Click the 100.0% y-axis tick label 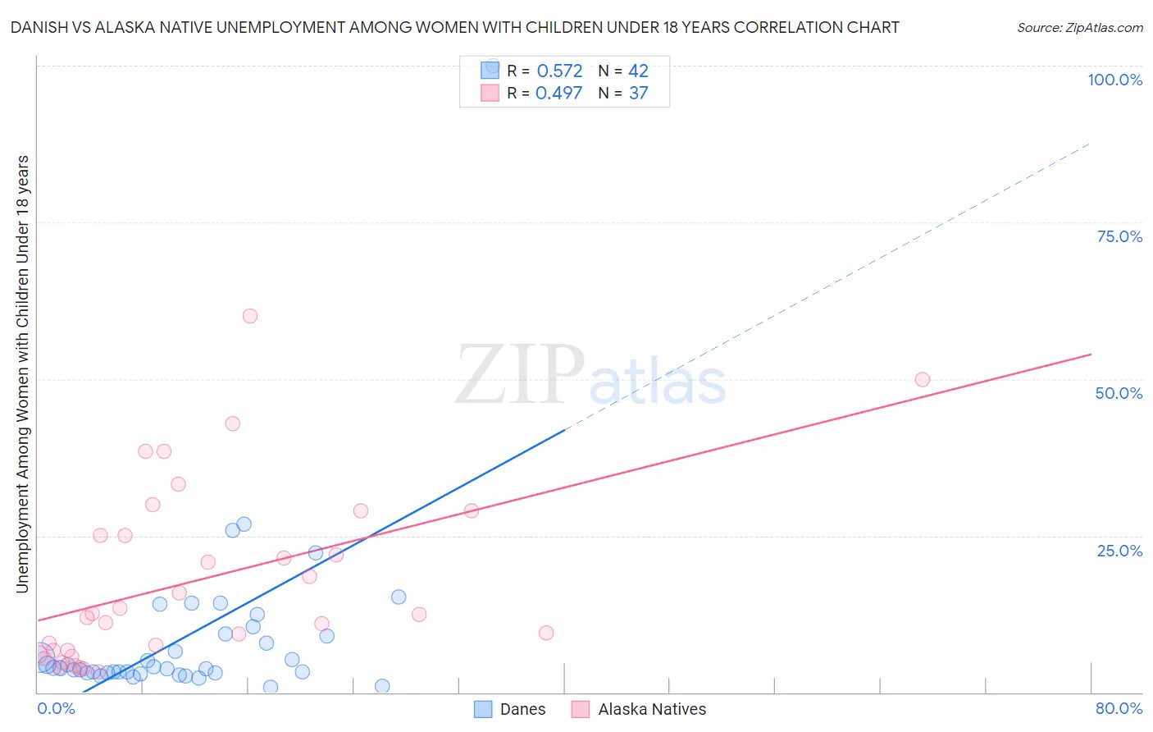pos(1114,80)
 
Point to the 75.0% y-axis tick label pos(1119,236)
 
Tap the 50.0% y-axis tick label pos(1119,393)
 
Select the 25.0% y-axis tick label pos(1119,551)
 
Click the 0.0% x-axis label pos(56,708)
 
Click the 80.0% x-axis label pos(1119,708)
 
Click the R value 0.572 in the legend pos(559,71)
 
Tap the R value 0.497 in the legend pos(558,94)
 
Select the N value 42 pos(638,71)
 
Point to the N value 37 pos(638,94)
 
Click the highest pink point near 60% pos(250,316)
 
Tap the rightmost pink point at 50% pos(923,379)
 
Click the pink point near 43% pos(233,423)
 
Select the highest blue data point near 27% pos(244,524)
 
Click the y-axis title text pos(22,373)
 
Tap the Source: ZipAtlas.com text pos(1079,28)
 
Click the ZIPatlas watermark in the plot pos(590,376)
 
